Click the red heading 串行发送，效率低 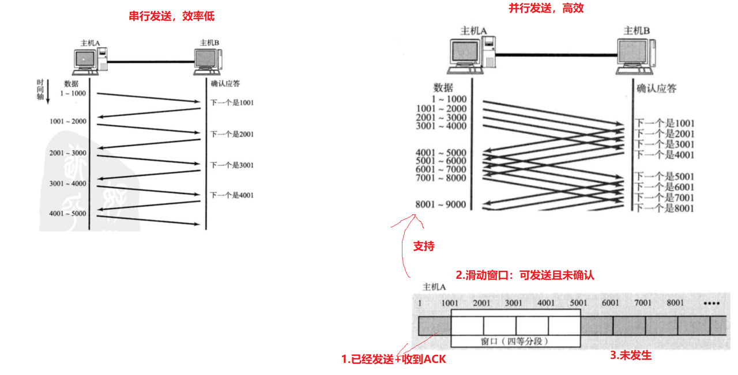pyautogui.click(x=171, y=16)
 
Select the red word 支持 pyautogui.click(x=424, y=246)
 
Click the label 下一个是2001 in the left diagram pyautogui.click(x=232, y=134)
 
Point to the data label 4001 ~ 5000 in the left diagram pyautogui.click(x=67, y=214)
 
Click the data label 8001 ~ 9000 pyautogui.click(x=440, y=204)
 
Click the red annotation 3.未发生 pyautogui.click(x=631, y=355)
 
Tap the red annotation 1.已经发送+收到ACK pyautogui.click(x=394, y=359)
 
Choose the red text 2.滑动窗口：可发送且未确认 pyautogui.click(x=525, y=275)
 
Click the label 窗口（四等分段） pyautogui.click(x=514, y=341)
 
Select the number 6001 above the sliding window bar pyautogui.click(x=610, y=303)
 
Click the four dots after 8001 pyautogui.click(x=711, y=304)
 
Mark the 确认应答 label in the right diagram pyautogui.click(x=656, y=89)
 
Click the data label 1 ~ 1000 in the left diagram pyautogui.click(x=71, y=93)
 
